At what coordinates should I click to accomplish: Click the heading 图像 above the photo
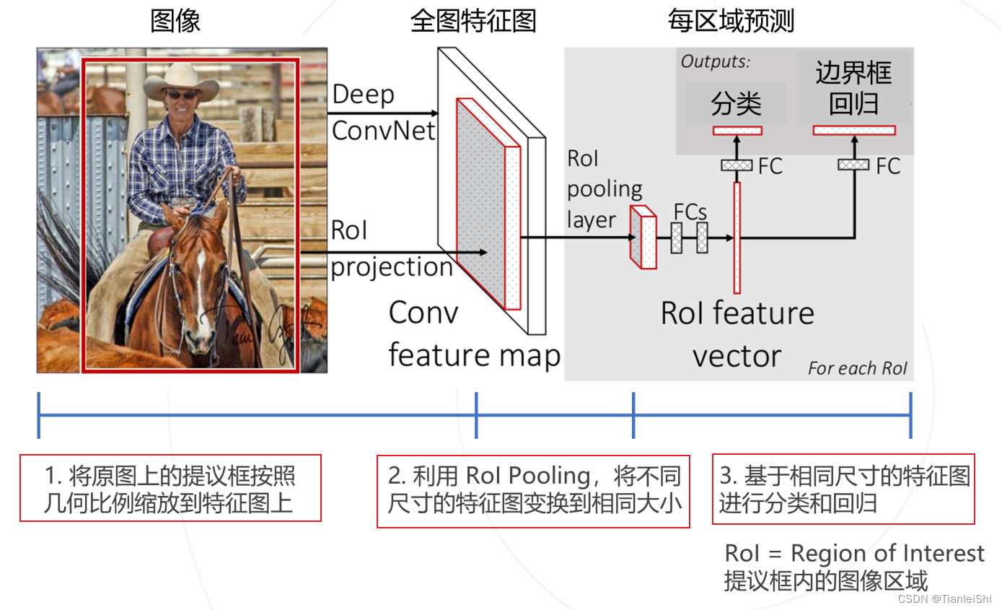[x=175, y=21]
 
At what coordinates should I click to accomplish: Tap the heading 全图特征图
[x=473, y=21]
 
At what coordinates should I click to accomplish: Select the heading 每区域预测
[x=731, y=21]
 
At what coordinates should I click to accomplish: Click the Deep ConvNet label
[x=383, y=113]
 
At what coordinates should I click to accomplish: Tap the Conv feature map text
[x=474, y=334]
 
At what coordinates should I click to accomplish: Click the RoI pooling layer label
[x=604, y=189]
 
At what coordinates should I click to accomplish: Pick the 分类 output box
[x=736, y=103]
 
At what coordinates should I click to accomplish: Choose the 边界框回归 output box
[x=853, y=88]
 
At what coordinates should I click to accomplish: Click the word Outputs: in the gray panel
[x=716, y=62]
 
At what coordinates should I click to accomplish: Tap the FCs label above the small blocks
[x=690, y=212]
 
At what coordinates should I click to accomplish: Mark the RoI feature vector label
[x=737, y=334]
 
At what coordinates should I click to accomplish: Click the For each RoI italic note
[x=857, y=368]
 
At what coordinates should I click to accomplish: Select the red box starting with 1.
[x=170, y=488]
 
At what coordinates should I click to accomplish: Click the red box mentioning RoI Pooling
[x=533, y=491]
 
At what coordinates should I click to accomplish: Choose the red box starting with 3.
[x=843, y=489]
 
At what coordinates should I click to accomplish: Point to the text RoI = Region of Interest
[x=854, y=554]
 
